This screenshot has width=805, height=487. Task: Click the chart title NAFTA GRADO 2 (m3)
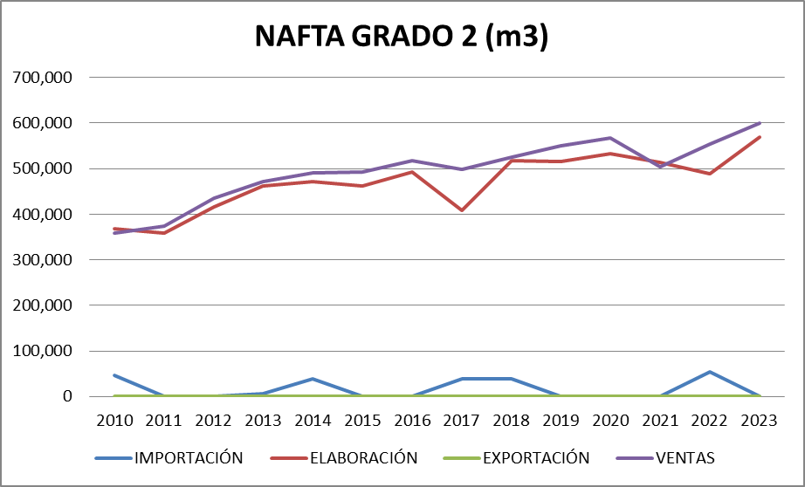[402, 37]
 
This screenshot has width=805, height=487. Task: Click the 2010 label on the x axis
[115, 420]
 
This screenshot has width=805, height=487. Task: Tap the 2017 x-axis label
[462, 420]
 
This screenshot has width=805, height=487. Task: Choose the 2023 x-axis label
[759, 420]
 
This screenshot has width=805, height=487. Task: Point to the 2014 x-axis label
[313, 420]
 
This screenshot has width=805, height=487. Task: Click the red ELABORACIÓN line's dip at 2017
[462, 210]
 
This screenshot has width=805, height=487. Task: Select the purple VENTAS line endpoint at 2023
[759, 123]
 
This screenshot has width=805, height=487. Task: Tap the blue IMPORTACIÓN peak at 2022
[709, 372]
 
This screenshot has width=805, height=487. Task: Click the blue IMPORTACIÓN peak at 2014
[313, 379]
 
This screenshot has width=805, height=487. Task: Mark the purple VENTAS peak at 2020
[610, 138]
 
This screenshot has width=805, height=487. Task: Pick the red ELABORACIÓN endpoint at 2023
[759, 137]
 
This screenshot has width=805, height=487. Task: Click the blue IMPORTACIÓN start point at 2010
[115, 375]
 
